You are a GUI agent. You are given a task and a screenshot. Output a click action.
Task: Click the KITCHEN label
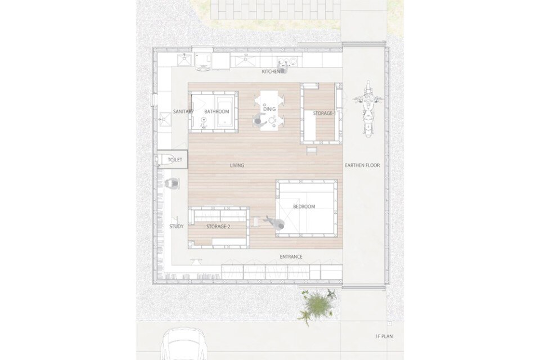[271, 71]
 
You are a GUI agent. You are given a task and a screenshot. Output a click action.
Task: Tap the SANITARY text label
[183, 111]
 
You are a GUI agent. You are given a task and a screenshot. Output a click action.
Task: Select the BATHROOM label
[217, 111]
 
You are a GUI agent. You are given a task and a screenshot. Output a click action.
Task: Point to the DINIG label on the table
[269, 109]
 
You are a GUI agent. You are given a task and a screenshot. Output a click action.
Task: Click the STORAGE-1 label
[324, 113]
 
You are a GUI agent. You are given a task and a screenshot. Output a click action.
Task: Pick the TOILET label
[174, 160]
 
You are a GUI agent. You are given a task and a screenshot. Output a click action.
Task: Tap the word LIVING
[237, 166]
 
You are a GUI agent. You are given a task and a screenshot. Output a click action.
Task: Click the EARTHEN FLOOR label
[362, 165]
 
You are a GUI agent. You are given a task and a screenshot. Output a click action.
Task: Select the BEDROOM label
[304, 206]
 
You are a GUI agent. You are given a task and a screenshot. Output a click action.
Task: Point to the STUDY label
[176, 227]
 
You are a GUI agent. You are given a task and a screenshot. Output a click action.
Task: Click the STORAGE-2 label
[218, 227]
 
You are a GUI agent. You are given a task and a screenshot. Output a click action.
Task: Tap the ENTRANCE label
[291, 256]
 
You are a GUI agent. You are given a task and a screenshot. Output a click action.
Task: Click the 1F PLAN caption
[384, 336]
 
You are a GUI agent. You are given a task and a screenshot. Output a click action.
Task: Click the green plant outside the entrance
[317, 305]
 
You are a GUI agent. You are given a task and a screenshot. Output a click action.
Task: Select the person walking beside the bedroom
[276, 223]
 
